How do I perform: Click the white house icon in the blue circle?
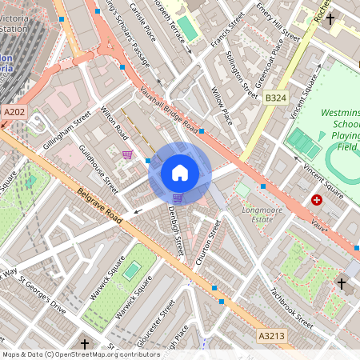[180, 172]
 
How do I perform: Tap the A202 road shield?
[13, 114]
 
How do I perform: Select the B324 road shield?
[275, 97]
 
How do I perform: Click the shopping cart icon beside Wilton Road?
[126, 154]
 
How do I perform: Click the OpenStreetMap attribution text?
[80, 354]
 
